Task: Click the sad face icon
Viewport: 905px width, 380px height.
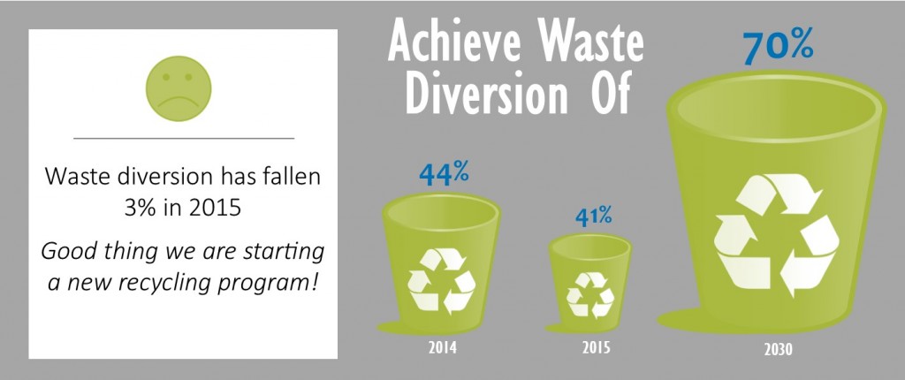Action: pyautogui.click(x=179, y=88)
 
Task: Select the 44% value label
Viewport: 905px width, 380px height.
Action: pyautogui.click(x=444, y=174)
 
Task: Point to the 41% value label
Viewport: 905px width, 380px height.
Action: pyautogui.click(x=593, y=217)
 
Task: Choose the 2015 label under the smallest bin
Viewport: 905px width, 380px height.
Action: pyautogui.click(x=596, y=348)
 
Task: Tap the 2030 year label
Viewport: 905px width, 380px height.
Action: pyautogui.click(x=779, y=350)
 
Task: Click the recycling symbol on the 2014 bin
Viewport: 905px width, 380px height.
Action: pyautogui.click(x=442, y=281)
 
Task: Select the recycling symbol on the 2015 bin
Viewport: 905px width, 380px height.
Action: pyautogui.click(x=589, y=294)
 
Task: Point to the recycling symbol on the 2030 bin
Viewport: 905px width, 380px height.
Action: pyautogui.click(x=776, y=235)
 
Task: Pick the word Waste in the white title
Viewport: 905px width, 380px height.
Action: pyautogui.click(x=600, y=41)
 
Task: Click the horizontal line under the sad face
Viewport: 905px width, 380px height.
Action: pyautogui.click(x=184, y=139)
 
